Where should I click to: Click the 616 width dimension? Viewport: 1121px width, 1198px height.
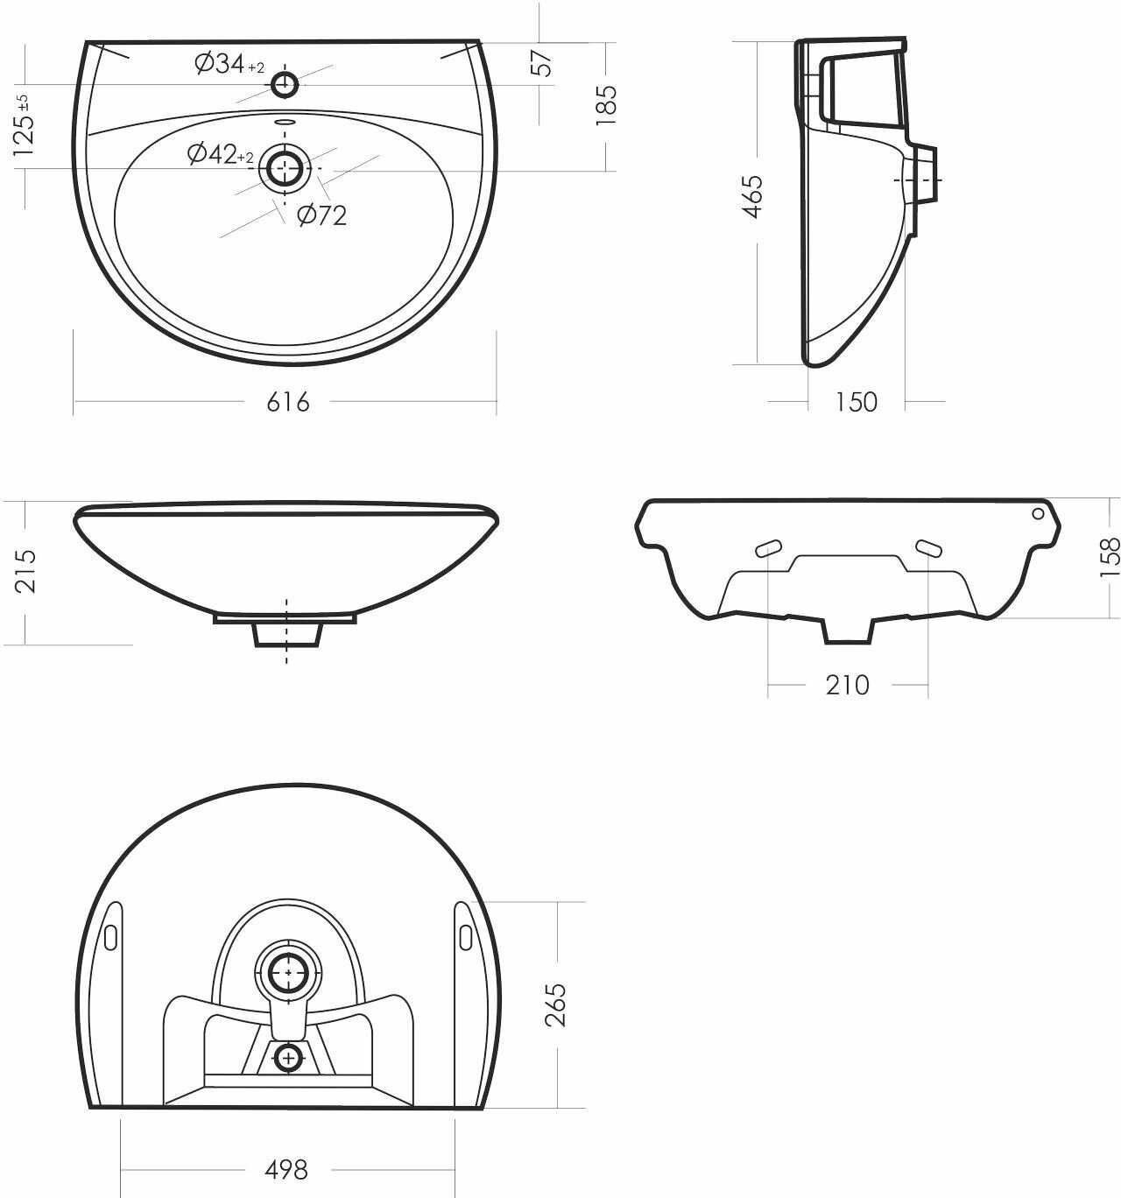click(x=288, y=402)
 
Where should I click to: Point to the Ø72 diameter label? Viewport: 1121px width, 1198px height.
click(x=322, y=215)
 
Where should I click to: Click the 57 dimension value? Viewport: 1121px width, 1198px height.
click(x=544, y=62)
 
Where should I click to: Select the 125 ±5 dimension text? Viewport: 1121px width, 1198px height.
click(x=25, y=124)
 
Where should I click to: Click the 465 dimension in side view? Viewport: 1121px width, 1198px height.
click(x=752, y=196)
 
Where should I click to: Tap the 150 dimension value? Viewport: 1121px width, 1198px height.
click(x=856, y=402)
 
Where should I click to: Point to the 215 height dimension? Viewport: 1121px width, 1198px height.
click(x=25, y=570)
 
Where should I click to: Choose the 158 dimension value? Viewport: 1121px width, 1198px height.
click(x=1109, y=556)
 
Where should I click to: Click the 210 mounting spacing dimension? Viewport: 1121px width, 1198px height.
click(x=847, y=685)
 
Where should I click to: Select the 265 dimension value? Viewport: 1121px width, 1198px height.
click(x=556, y=1004)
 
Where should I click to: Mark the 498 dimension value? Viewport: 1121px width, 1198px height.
click(x=286, y=1169)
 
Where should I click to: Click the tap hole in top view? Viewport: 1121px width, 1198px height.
click(x=286, y=85)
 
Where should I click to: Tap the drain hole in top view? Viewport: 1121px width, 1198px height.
click(x=286, y=167)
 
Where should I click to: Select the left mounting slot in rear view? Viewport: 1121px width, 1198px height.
click(x=768, y=548)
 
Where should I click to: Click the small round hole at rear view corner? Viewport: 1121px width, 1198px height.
click(x=1039, y=513)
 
